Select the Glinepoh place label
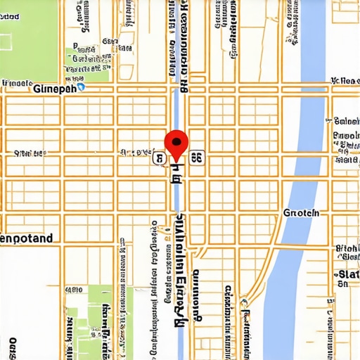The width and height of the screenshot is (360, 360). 54,89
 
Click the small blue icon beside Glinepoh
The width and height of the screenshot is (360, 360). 81,88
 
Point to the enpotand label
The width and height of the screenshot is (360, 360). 27,239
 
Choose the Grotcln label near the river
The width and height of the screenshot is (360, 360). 301,212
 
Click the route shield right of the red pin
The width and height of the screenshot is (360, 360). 197,159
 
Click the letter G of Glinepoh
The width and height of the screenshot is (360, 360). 37,89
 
